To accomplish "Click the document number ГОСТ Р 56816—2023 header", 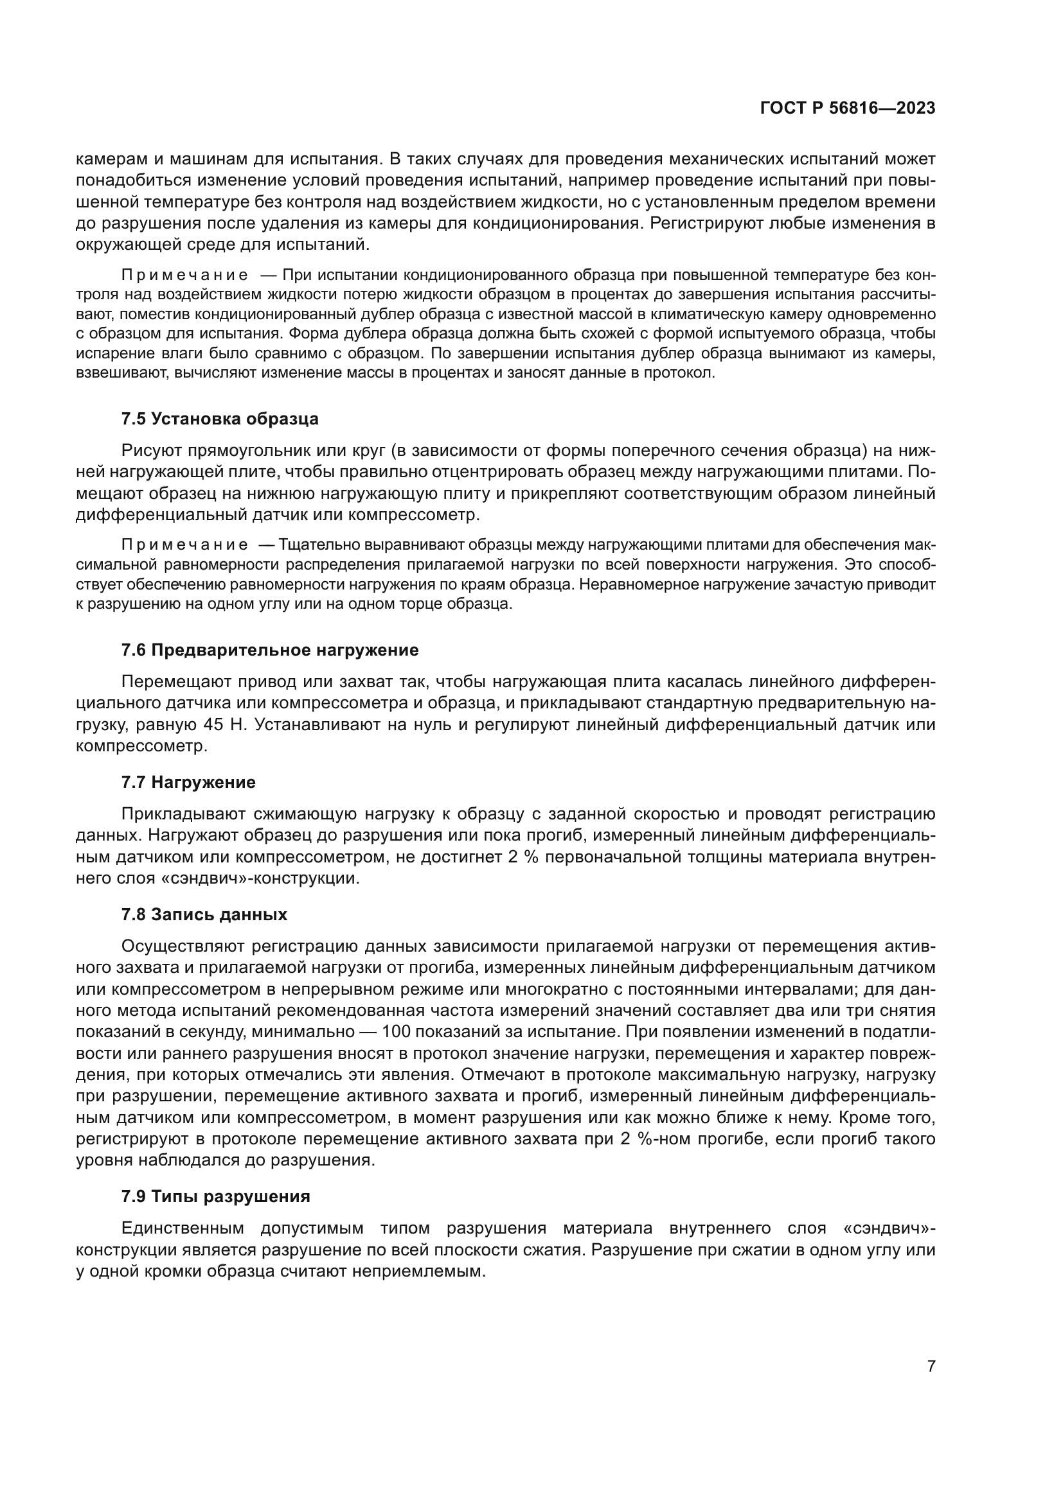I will tap(847, 109).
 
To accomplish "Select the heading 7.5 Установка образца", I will tap(220, 419).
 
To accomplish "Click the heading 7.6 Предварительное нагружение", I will tap(270, 651).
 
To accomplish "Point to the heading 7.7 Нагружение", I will tap(188, 782).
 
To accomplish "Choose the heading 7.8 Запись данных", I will tap(204, 914).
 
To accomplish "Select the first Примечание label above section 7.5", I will tap(184, 275).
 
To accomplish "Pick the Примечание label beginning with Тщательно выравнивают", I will tap(184, 545).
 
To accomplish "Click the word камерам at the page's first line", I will tap(109, 159).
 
